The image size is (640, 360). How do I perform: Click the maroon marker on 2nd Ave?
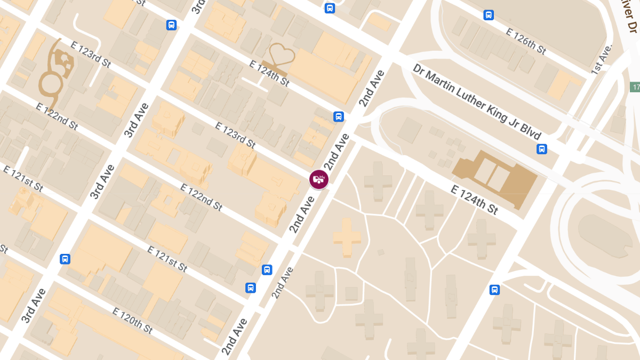tap(318, 179)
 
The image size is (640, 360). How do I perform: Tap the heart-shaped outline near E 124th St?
tap(282, 58)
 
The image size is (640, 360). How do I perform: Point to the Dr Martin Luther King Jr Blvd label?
tap(477, 102)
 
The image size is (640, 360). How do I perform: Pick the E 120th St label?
tap(133, 321)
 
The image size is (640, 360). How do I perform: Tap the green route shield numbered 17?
tap(635, 87)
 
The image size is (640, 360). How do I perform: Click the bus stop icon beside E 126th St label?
tap(489, 15)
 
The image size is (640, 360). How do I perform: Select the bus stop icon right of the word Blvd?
tap(542, 149)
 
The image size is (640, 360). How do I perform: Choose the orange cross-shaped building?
tap(347, 237)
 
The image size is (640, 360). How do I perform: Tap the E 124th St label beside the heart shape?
tap(269, 73)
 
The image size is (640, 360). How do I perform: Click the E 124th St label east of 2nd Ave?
tap(475, 199)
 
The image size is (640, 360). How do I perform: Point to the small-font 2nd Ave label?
tap(283, 282)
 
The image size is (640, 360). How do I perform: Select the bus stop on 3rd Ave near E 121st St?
tap(65, 259)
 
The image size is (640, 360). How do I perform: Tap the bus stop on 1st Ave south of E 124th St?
tap(494, 290)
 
